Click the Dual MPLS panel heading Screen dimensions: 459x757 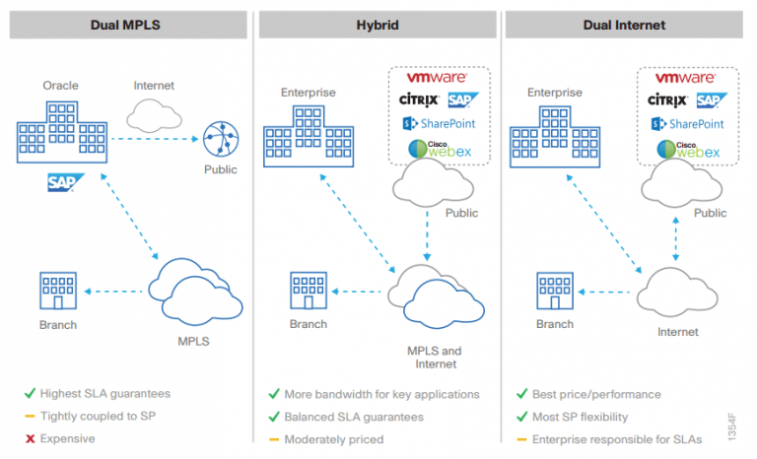(x=127, y=24)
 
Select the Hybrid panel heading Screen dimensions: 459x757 (x=378, y=24)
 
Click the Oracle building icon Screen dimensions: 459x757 (x=62, y=141)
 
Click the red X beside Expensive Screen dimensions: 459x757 (x=30, y=438)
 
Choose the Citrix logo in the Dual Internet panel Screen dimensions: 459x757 (x=667, y=100)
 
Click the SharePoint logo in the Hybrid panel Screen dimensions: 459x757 (x=440, y=124)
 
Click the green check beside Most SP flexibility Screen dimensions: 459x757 (x=521, y=416)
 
